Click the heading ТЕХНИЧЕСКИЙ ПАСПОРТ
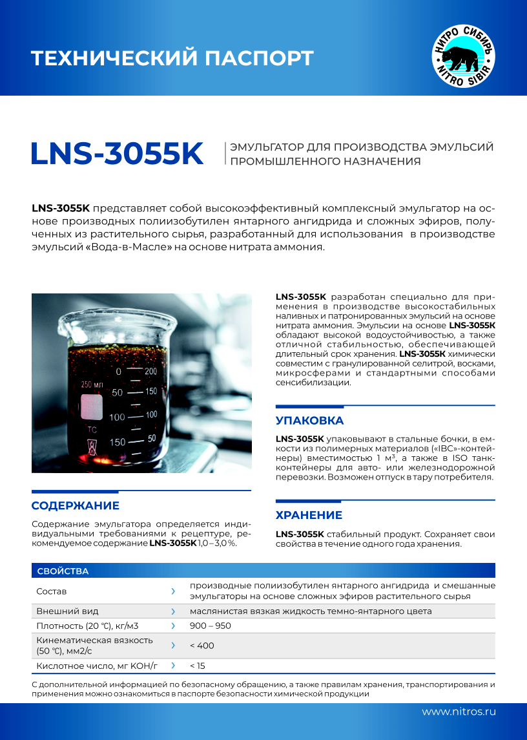(172, 58)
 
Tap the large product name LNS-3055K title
(118, 153)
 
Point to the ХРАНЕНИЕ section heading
(309, 515)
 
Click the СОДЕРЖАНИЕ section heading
(76, 505)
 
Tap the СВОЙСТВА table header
(63, 571)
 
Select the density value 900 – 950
(210, 626)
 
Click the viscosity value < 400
(202, 646)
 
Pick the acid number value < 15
(198, 666)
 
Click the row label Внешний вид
(68, 611)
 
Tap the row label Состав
(52, 591)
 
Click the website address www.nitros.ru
(459, 712)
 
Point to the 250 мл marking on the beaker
(92, 385)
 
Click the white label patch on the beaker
(92, 407)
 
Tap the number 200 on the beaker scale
(150, 372)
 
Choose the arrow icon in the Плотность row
(173, 626)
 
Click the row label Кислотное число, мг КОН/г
(97, 666)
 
